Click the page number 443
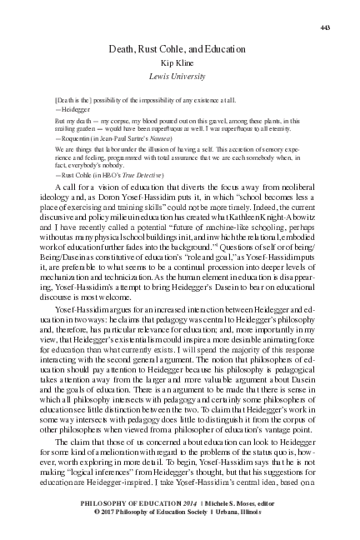tap(326, 28)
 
